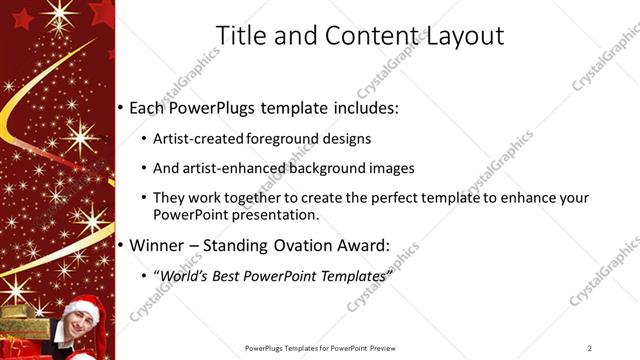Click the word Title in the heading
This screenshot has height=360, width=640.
pyautogui.click(x=242, y=37)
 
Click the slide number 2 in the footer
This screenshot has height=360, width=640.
pyautogui.click(x=590, y=348)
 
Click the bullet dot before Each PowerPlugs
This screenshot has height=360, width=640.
pyautogui.click(x=121, y=106)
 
